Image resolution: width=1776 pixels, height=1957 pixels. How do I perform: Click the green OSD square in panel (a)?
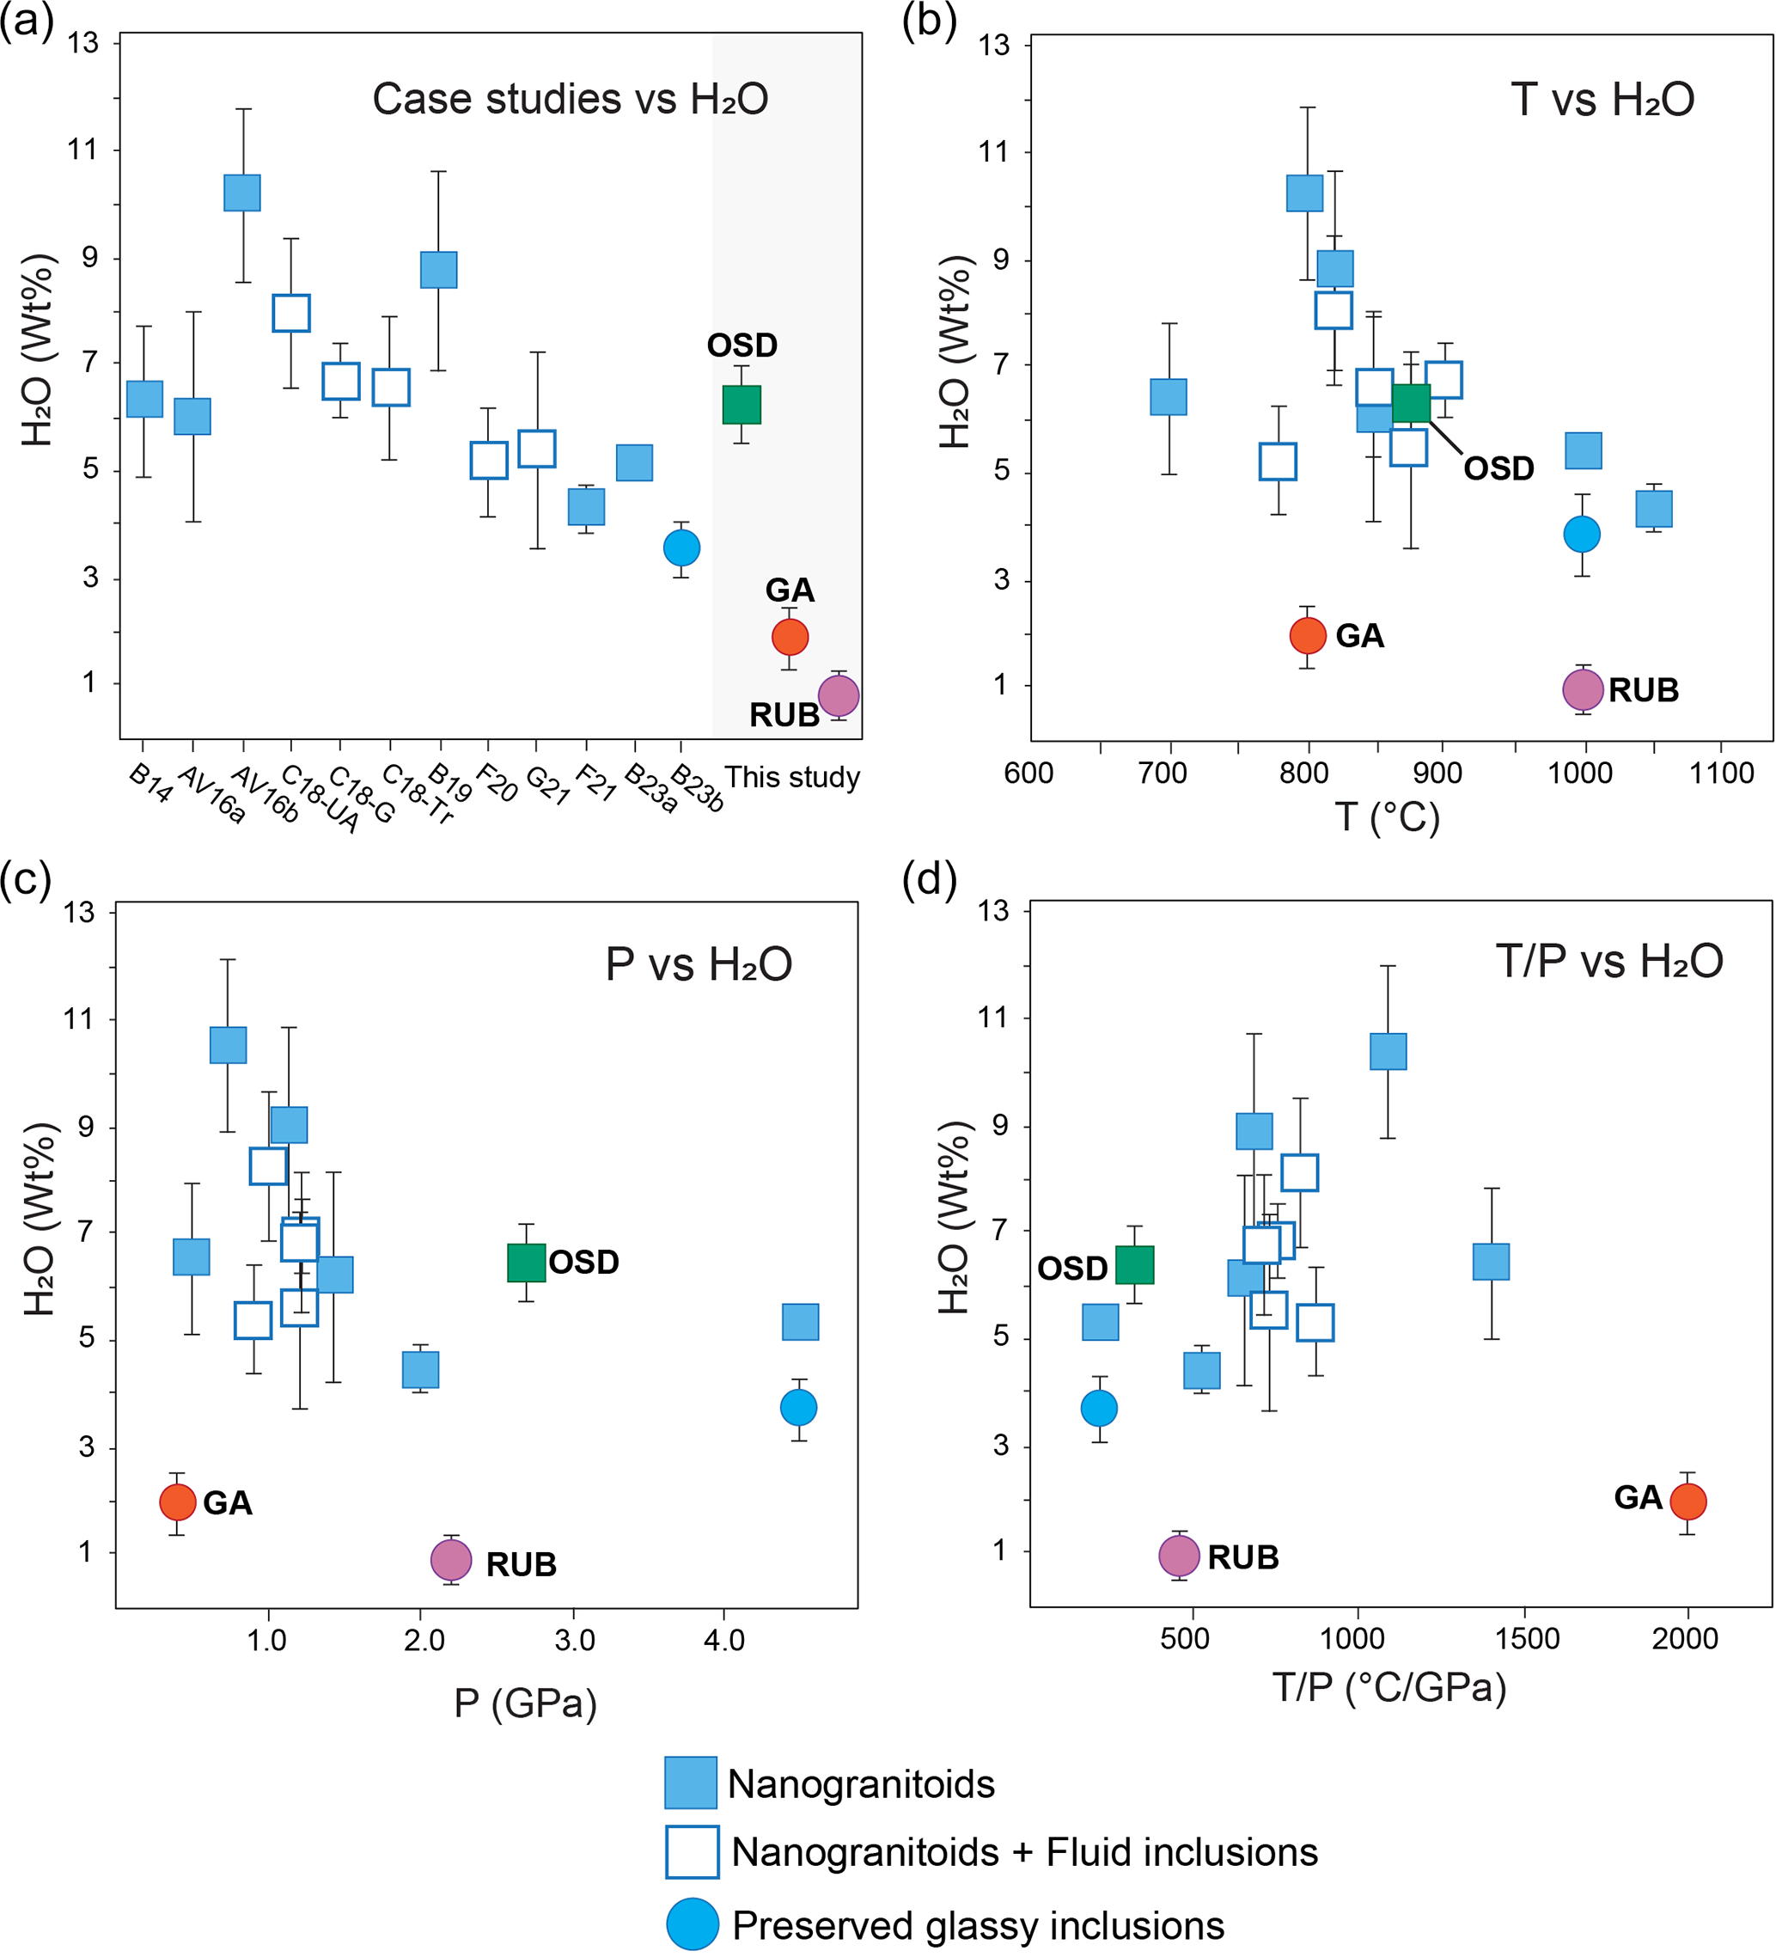coord(742,404)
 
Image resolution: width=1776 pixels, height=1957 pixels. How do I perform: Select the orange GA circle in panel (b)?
coord(1307,636)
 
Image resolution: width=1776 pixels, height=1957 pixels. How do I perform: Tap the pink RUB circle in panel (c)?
coord(451,1561)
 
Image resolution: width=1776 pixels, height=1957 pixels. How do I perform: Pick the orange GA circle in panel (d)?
coord(1688,1501)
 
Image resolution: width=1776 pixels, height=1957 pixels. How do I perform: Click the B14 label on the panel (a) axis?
coord(150,783)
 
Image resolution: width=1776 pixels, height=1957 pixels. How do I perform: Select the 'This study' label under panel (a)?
coord(792,778)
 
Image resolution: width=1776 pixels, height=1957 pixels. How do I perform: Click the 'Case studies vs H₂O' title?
coord(570,99)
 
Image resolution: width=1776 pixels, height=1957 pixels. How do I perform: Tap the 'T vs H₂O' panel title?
coord(1602,99)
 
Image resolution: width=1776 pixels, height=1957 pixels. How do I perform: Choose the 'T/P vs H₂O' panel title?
coord(1609,961)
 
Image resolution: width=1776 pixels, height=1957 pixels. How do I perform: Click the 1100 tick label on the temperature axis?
coord(1721,774)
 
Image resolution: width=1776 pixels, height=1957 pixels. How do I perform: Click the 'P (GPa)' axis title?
coord(525,1703)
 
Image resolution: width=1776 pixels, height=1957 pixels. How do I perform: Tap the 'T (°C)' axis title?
coord(1386,817)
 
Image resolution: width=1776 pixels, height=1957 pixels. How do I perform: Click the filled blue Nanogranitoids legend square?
coord(690,1783)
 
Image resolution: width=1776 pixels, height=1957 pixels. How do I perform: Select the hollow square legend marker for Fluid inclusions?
coord(692,1851)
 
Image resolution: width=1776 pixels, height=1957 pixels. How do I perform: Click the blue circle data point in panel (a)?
coord(681,547)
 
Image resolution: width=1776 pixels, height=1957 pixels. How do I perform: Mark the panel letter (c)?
coord(25,880)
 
